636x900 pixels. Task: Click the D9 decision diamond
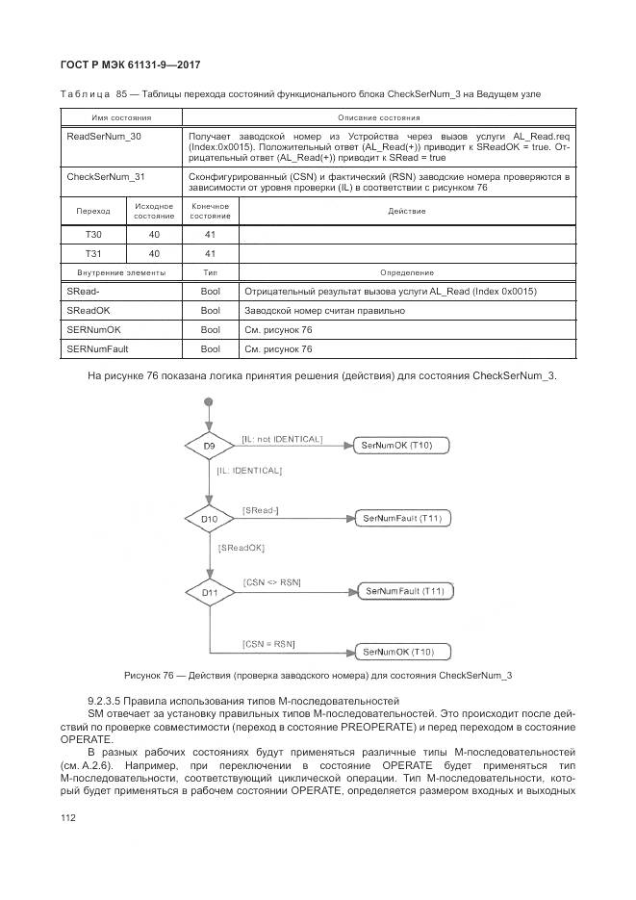[209, 447]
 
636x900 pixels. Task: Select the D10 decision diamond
[209, 519]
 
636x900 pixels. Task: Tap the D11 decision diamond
[209, 593]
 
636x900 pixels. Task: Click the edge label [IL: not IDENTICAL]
[282, 438]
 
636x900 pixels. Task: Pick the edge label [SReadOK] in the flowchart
[242, 547]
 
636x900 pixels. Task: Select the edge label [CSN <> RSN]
[272, 582]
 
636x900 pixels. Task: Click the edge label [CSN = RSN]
[268, 643]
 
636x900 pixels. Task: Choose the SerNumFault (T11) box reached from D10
[402, 518]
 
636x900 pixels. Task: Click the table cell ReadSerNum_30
[104, 137]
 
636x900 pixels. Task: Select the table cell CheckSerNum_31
[106, 177]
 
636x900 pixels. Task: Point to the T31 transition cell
[93, 253]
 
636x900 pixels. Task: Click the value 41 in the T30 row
[210, 234]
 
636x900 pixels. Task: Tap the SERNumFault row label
[97, 349]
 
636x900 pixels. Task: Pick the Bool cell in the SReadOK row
[210, 311]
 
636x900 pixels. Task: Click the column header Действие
[406, 211]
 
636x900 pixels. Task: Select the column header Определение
[406, 273]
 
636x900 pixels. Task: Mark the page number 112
[68, 817]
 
